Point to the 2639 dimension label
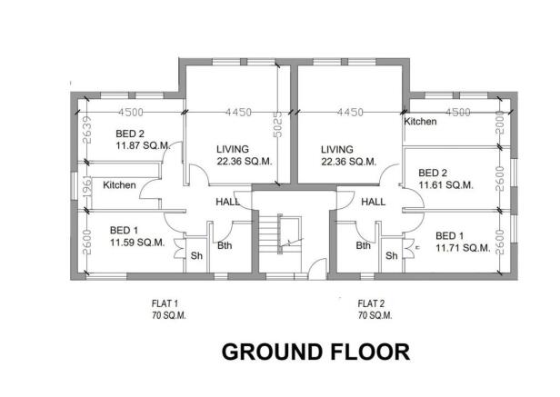tap(85, 132)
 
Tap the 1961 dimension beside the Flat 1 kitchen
tap(85, 183)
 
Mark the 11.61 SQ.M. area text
tap(445, 184)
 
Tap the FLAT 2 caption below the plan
tap(373, 303)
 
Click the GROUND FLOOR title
tap(315, 351)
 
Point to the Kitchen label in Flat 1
tap(119, 185)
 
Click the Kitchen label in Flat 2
tap(420, 121)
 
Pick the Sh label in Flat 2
tap(391, 256)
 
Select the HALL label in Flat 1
tap(227, 202)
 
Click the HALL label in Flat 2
tap(374, 202)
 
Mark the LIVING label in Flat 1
tap(234, 149)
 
